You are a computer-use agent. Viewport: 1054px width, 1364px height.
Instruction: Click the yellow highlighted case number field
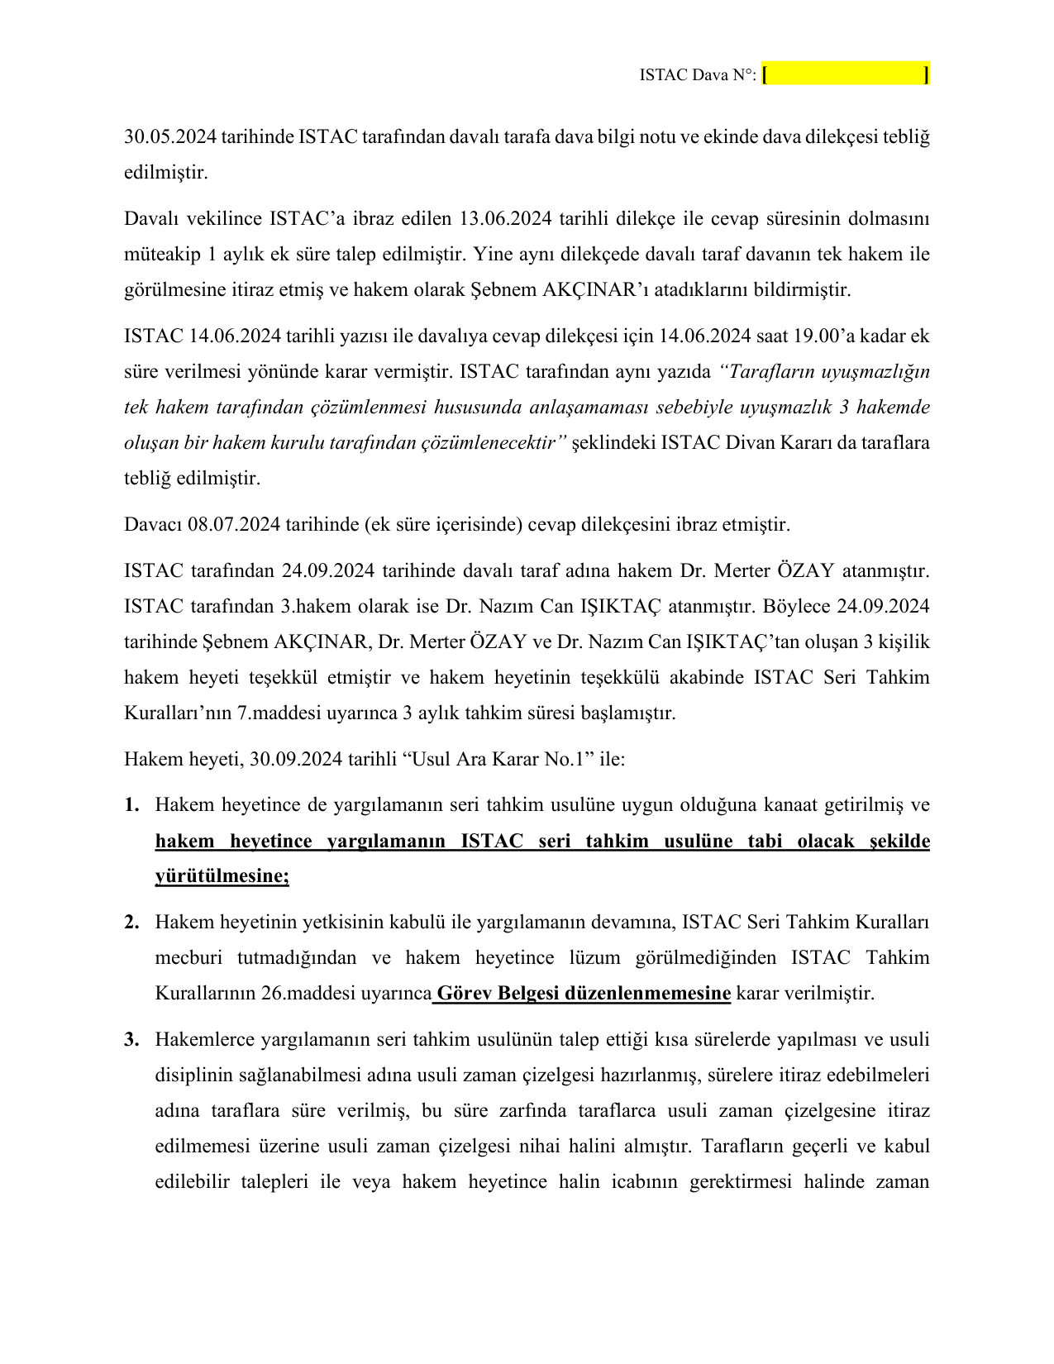846,75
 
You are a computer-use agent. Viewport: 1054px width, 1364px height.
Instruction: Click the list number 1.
131,805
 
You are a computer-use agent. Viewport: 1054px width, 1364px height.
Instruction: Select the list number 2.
131,922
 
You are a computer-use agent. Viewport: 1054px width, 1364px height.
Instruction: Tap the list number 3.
131,1039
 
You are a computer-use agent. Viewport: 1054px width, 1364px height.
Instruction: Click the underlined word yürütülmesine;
222,876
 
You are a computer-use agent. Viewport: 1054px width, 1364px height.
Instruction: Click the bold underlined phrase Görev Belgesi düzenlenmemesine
583,993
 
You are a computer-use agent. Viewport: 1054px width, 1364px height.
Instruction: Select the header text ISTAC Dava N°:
697,75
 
